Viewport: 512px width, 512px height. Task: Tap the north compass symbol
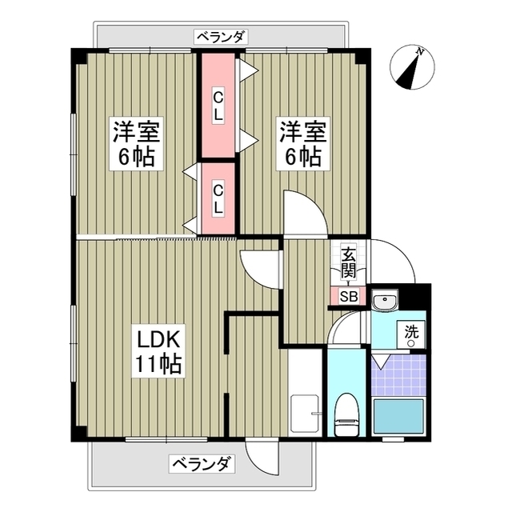411,69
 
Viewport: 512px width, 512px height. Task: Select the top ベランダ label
220,37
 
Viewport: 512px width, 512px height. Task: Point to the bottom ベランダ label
201,463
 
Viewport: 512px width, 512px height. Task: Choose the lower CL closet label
218,198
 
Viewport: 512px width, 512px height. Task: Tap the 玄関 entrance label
348,263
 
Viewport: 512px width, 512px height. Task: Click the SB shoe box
348,297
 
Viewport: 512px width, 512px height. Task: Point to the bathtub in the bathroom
398,416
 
